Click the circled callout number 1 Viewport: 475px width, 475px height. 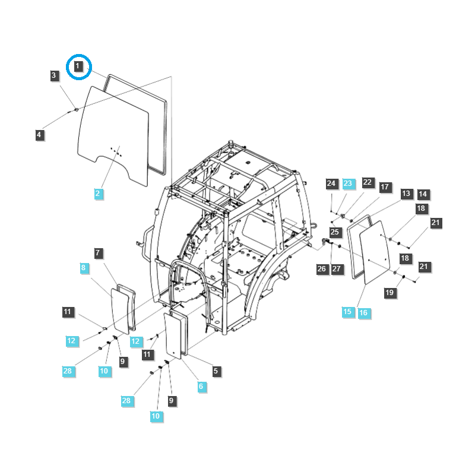tap(79, 65)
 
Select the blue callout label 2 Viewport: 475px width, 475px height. tap(99, 193)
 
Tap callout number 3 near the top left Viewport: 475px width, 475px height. tap(54, 75)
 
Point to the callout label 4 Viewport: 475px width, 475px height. tap(39, 135)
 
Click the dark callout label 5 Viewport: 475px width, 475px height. tap(216, 370)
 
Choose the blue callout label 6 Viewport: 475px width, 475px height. tap(201, 386)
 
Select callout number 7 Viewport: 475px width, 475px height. tap(99, 253)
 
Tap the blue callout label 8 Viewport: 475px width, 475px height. tap(84, 268)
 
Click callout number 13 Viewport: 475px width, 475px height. tap(406, 194)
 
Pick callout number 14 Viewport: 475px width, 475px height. tap(423, 194)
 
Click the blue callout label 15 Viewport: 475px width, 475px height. tap(347, 312)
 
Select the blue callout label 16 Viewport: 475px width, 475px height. tap(363, 312)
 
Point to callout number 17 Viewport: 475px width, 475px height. tap(385, 187)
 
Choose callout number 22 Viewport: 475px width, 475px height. tap(368, 182)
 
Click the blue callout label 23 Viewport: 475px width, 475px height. tap(348, 183)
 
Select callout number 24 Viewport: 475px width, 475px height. tap(331, 183)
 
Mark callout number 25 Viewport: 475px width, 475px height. tap(335, 232)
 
